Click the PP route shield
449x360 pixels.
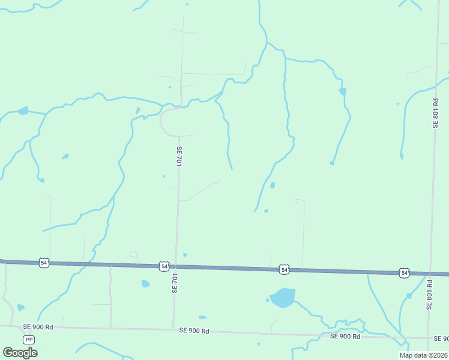pyautogui.click(x=29, y=340)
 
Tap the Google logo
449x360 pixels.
pyautogui.click(x=20, y=353)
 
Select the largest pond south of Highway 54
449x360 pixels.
pyautogui.click(x=282, y=297)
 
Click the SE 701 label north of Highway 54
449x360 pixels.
pyautogui.click(x=179, y=156)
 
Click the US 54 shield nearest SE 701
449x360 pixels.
pyautogui.click(x=164, y=266)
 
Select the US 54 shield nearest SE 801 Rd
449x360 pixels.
pyautogui.click(x=405, y=273)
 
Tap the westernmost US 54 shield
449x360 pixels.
pyautogui.click(x=44, y=263)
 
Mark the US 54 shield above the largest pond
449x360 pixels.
pyautogui.click(x=285, y=270)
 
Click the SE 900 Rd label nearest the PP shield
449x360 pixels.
pyautogui.click(x=38, y=327)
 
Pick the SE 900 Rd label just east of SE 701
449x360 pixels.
pyautogui.click(x=194, y=331)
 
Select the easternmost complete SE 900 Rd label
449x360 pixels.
pyautogui.click(x=345, y=336)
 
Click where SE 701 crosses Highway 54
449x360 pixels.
pyautogui.click(x=176, y=266)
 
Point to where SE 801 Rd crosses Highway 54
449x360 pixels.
pyautogui.click(x=430, y=274)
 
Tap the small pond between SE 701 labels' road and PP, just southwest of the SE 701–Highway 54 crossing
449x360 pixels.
pyautogui.click(x=145, y=284)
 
